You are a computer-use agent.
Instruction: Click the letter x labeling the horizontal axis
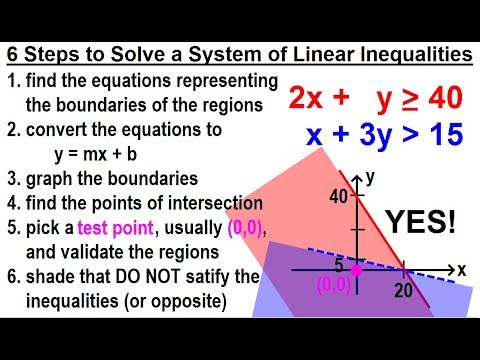click(x=462, y=270)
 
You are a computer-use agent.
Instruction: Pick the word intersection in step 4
click(x=200, y=205)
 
